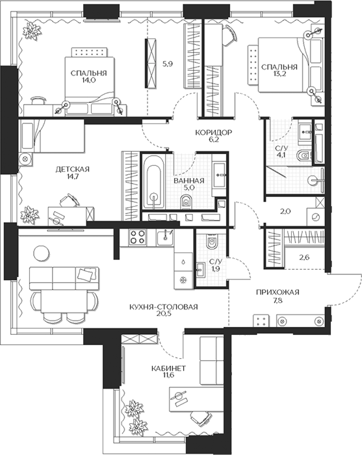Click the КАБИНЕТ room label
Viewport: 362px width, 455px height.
point(168,369)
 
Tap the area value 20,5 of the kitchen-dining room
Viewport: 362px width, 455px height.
point(164,313)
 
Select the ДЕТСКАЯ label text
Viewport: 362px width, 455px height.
point(73,169)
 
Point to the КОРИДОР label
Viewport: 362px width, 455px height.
point(213,133)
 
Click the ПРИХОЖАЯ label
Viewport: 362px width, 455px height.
point(278,292)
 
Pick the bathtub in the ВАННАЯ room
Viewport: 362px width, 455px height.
point(153,182)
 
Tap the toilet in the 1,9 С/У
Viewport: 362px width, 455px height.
point(212,242)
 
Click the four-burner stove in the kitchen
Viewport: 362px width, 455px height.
point(138,237)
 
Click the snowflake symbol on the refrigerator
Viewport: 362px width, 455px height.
point(183,280)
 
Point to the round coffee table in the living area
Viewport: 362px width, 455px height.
point(42,253)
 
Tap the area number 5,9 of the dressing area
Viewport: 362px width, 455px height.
point(168,64)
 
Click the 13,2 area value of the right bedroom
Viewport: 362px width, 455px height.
point(279,74)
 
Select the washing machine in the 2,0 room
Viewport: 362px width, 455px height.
point(316,216)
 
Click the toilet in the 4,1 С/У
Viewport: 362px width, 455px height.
point(304,156)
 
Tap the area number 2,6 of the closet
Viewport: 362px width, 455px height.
point(305,257)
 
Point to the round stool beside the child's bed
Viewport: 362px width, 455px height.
point(25,159)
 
